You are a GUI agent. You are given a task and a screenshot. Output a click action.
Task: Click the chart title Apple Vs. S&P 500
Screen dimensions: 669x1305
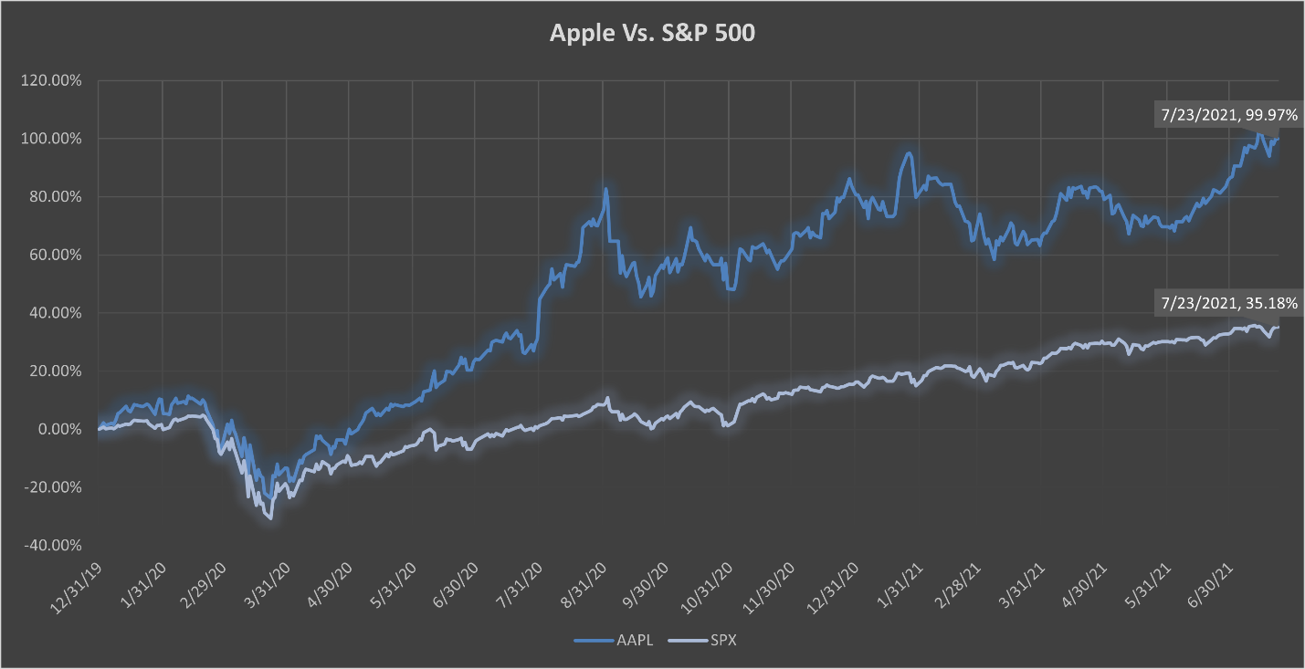652,34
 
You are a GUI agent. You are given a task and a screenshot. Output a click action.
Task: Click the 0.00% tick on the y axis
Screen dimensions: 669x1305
59,429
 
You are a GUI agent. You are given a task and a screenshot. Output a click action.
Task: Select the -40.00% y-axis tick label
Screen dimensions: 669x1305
54,546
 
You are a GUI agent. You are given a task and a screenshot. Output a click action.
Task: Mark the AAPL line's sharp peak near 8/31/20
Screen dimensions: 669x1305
605,189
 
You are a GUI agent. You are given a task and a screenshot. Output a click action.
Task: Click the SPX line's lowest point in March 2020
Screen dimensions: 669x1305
270,518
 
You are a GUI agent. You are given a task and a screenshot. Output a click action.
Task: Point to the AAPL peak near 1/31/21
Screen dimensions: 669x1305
909,153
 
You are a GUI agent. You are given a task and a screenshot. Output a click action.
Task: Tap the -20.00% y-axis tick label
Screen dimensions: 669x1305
54,487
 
